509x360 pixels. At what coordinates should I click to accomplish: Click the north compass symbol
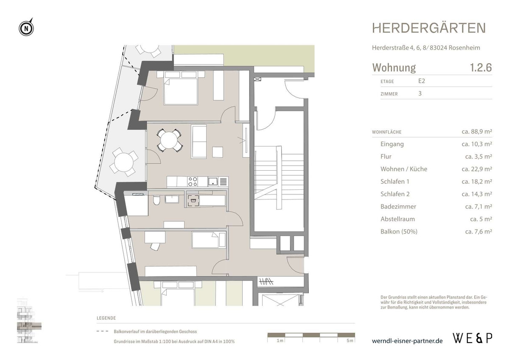[x=26, y=28]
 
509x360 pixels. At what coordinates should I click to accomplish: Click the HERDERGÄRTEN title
[x=429, y=28]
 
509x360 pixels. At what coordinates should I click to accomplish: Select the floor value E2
[x=422, y=81]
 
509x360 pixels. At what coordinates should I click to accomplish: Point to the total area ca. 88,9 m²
[x=476, y=132]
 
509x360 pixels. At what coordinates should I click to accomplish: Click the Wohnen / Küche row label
[x=404, y=169]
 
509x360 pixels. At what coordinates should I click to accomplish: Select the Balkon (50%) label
[x=399, y=232]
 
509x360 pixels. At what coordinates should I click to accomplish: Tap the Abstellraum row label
[x=397, y=219]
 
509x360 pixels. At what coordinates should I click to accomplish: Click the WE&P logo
[x=473, y=338]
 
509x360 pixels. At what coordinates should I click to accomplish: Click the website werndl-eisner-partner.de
[x=407, y=341]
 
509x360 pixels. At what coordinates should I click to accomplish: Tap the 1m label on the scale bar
[x=280, y=341]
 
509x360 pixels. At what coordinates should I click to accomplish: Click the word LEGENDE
[x=106, y=318]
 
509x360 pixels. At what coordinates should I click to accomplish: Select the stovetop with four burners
[x=193, y=182]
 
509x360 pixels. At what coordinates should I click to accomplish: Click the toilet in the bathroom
[x=156, y=200]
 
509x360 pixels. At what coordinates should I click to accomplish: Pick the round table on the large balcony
[x=123, y=162]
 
